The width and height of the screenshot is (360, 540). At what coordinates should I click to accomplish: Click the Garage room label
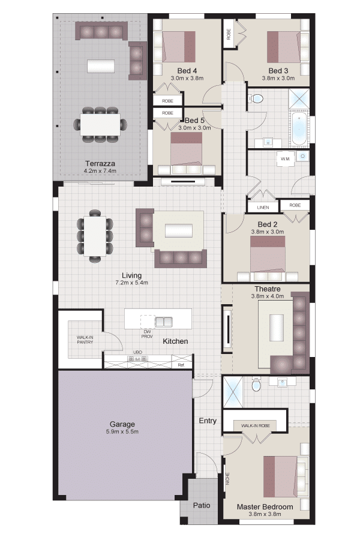click(122, 424)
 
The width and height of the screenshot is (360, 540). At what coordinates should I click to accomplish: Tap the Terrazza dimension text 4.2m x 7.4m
click(100, 171)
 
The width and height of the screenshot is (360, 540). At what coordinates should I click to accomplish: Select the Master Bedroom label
click(265, 506)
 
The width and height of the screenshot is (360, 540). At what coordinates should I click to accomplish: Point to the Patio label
click(202, 505)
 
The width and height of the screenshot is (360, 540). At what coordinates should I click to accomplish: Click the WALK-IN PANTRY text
click(85, 340)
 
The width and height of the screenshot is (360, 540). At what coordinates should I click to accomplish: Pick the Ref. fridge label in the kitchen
click(181, 365)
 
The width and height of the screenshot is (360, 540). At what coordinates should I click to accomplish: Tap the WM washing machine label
click(285, 159)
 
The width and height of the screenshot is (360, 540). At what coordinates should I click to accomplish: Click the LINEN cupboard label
click(263, 208)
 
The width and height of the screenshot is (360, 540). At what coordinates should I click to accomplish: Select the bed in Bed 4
click(179, 47)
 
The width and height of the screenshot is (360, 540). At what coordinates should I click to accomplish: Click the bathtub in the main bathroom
click(299, 128)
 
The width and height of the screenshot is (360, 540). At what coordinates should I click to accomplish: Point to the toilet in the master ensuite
click(256, 385)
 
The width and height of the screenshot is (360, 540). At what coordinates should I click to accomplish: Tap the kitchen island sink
click(163, 322)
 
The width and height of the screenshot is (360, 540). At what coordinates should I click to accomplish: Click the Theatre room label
click(268, 289)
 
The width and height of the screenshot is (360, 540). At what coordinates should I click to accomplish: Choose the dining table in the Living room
click(95, 236)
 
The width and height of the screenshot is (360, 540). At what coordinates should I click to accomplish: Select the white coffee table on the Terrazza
click(101, 66)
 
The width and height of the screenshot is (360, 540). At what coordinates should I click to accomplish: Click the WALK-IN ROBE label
click(255, 425)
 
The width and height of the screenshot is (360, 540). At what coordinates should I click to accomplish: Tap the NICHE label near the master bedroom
click(227, 479)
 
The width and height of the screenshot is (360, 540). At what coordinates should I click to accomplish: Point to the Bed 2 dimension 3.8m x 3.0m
click(268, 232)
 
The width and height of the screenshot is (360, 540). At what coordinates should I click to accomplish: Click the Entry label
click(208, 421)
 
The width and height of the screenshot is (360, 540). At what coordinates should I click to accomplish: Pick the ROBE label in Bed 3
click(229, 34)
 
